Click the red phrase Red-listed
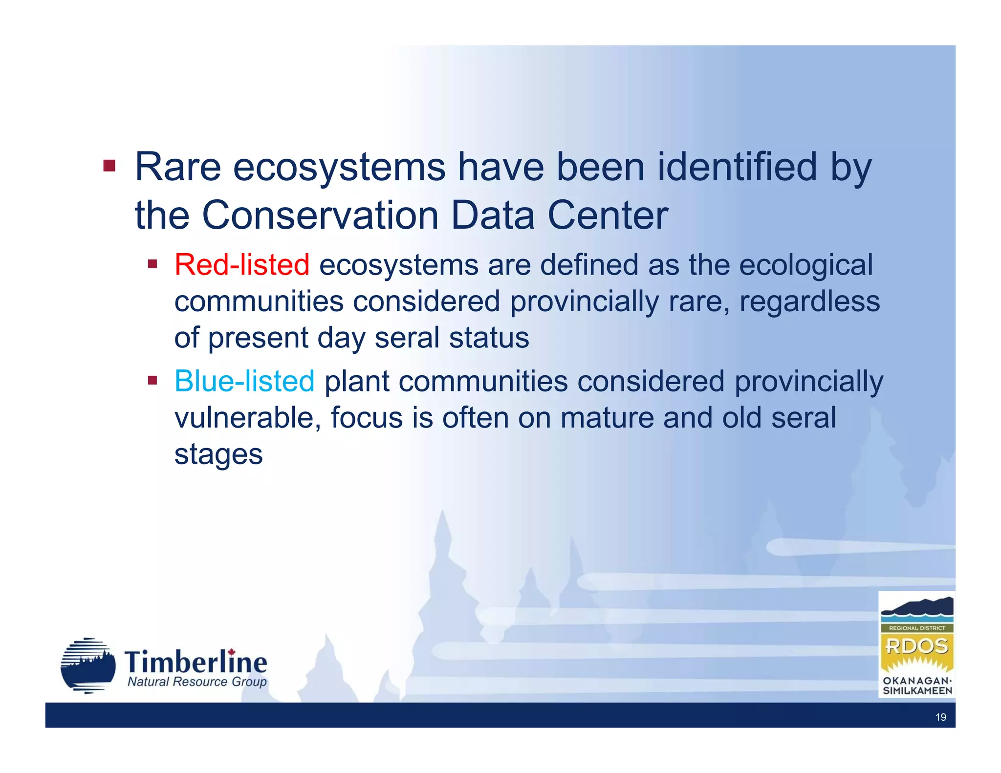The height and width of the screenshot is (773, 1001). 241,265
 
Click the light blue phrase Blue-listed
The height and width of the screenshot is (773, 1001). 244,382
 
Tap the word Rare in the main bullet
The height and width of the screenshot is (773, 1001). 177,167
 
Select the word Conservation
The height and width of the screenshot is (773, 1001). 320,215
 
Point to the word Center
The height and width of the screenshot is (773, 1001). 608,215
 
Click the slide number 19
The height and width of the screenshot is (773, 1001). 940,717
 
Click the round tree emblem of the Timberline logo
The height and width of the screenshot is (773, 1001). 88,666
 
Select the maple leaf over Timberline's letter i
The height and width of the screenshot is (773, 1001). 232,652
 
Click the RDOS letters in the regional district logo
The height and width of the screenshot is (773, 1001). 916,646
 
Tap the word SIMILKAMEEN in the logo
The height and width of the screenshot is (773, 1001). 917,691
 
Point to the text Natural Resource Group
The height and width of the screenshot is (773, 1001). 197,682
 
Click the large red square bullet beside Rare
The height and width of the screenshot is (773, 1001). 109,166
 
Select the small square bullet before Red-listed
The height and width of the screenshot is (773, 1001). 152,264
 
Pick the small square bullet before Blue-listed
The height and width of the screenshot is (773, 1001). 152,380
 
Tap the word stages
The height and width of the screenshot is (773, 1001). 218,455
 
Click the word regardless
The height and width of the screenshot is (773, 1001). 809,301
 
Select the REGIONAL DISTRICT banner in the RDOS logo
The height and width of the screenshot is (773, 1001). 916,628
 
